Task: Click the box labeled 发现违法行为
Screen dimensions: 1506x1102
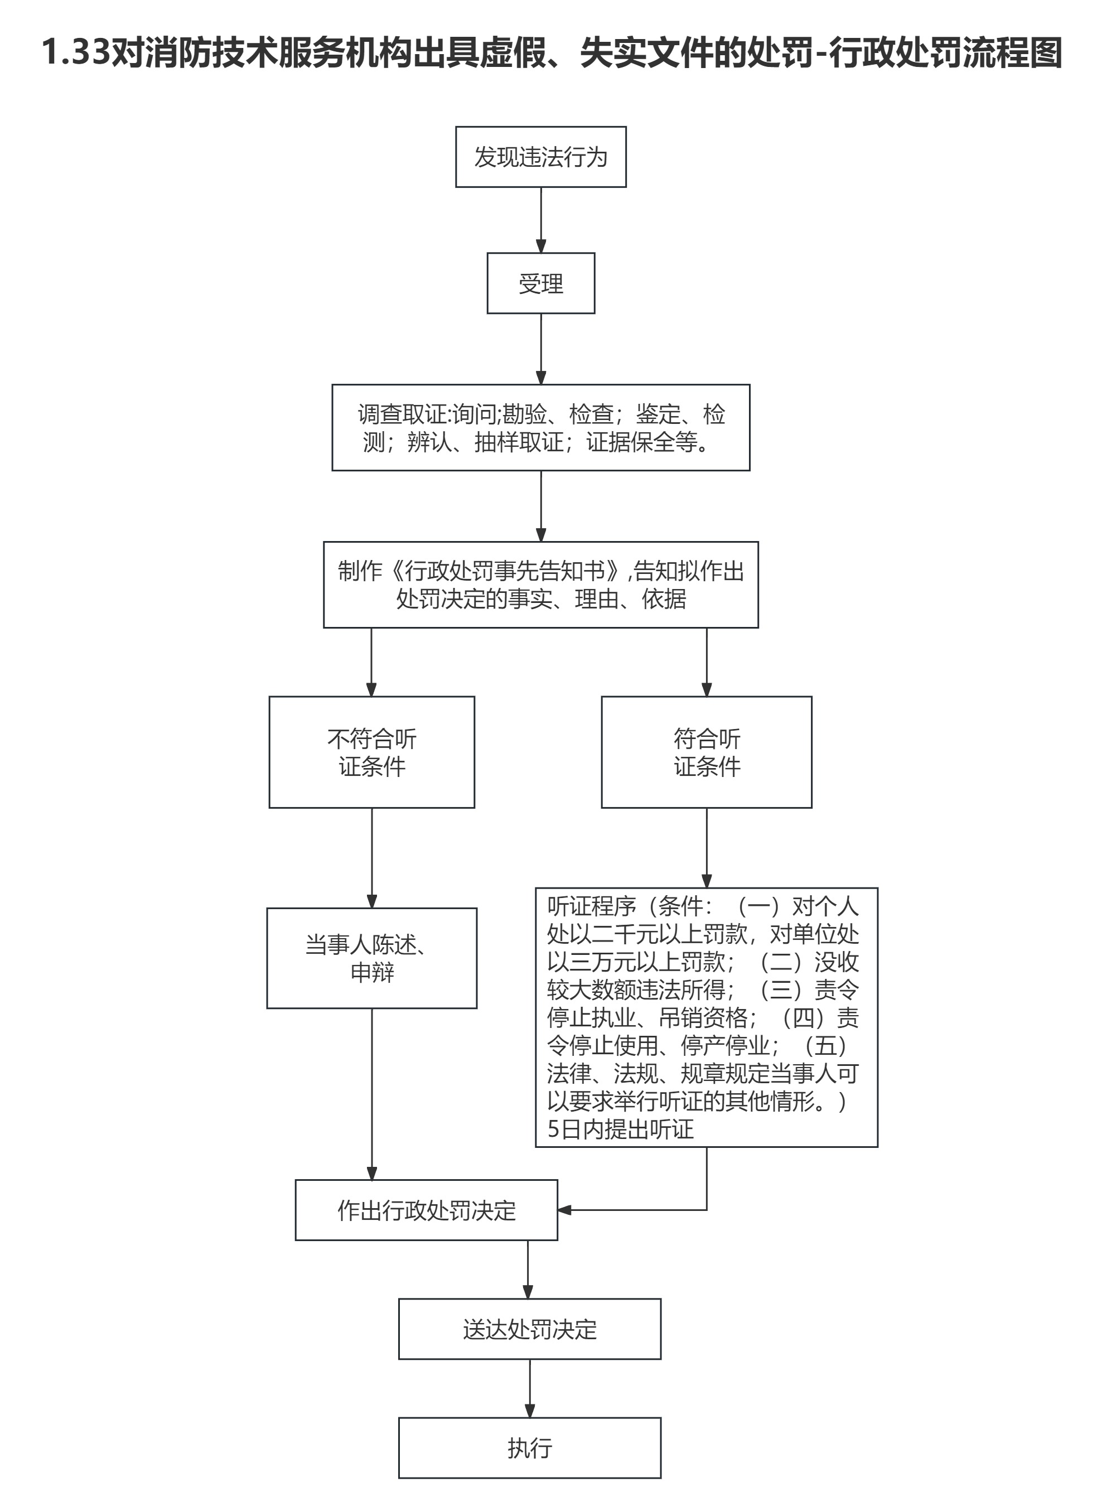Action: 540,157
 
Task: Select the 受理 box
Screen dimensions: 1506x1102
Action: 540,283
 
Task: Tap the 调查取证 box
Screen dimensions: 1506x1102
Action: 540,427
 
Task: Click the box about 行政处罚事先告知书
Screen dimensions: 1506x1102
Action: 540,585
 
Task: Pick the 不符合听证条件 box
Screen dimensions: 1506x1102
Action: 371,752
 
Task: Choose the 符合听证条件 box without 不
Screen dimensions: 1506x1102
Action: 707,752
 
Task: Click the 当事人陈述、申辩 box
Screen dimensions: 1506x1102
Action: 371,958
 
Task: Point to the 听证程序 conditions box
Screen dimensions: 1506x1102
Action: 707,1017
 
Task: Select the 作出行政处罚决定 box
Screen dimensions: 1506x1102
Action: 426,1210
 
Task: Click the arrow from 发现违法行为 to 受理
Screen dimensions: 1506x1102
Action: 541,220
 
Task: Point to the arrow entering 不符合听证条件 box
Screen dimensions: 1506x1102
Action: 371,662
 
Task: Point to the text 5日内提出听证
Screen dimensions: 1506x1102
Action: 620,1129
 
